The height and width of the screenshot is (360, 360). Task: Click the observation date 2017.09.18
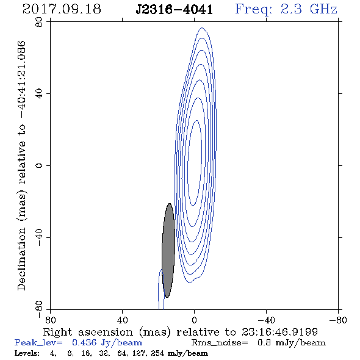click(62, 9)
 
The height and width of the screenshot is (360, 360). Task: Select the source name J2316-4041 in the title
click(175, 10)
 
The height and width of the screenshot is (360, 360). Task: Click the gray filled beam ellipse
click(168, 251)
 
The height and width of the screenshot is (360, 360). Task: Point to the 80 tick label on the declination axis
click(39, 22)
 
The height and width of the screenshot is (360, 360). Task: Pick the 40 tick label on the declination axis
click(39, 94)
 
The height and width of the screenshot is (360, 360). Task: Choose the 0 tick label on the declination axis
click(39, 165)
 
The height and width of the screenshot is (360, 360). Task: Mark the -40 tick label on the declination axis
click(39, 237)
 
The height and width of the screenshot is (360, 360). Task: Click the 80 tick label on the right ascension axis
click(50, 320)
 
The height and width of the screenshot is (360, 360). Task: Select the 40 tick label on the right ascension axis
click(122, 320)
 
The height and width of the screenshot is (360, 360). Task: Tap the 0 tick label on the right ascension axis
click(194, 320)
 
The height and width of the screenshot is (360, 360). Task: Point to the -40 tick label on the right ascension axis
click(266, 320)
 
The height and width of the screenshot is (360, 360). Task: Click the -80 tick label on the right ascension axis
click(338, 320)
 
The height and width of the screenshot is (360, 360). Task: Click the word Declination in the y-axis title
click(21, 259)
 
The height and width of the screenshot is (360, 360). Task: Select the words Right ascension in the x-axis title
click(88, 332)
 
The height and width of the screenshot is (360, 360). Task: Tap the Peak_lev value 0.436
click(84, 342)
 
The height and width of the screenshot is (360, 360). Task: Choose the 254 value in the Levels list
click(157, 353)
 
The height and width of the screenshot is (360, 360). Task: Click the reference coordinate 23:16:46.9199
click(279, 332)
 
